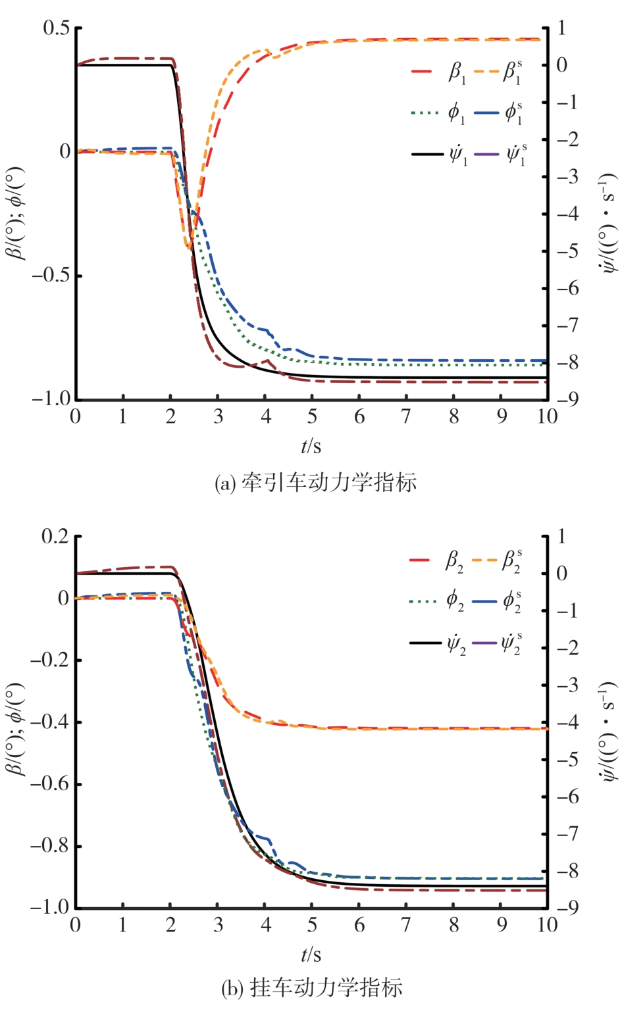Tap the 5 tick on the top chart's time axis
(x=312, y=417)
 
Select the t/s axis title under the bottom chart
(x=311, y=955)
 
